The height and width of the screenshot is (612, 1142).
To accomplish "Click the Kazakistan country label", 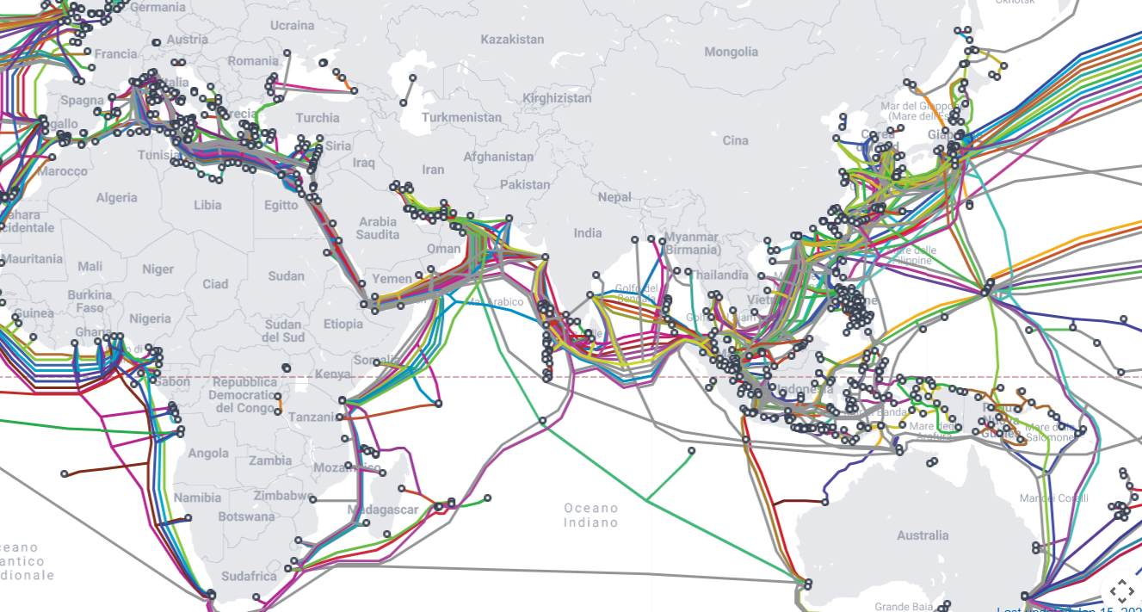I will pos(512,40).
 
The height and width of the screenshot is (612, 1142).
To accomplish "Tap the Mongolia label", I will pos(731,52).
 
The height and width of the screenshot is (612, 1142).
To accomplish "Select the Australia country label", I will pos(923,535).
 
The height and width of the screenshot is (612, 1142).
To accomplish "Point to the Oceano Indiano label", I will pos(591,515).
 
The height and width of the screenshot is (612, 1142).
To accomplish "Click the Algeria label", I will pos(116,198).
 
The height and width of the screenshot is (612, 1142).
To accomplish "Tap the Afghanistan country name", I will pos(498,157).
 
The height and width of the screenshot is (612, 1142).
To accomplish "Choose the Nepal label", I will pos(614,197).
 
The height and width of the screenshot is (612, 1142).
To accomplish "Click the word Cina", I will pos(736,140).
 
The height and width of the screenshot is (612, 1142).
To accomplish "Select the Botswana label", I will pos(246,516).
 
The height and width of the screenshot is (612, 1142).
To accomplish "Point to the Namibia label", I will pos(197,498).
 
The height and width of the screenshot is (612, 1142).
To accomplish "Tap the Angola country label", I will pos(208,454).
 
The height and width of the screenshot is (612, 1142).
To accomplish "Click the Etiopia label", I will pos(343,324).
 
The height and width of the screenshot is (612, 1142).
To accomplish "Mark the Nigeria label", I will pos(150,318).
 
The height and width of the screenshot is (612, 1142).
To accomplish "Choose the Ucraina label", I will pos(293,26).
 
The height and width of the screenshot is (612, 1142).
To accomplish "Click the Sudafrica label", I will pos(249,576).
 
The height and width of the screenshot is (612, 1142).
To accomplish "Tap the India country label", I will pos(588,232).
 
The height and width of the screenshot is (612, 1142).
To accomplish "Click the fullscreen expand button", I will pos(1120,591).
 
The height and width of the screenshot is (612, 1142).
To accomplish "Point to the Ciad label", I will pos(215,284).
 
